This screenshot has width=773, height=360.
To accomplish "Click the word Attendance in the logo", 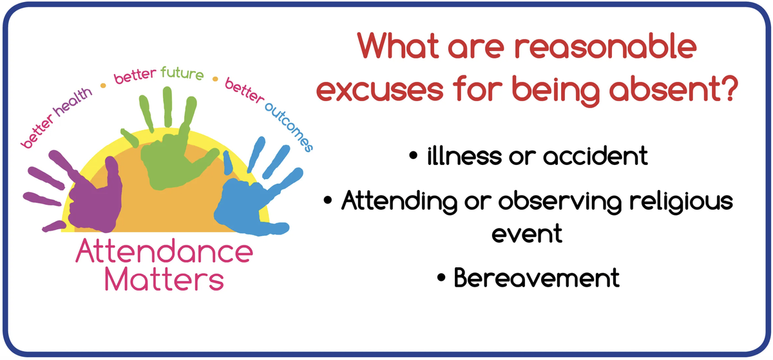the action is click(164, 252).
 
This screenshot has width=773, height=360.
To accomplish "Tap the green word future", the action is click(182, 73).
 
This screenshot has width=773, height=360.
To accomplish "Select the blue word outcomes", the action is click(289, 127).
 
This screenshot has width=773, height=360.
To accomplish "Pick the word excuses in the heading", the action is click(379, 89).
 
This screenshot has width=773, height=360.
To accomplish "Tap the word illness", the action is click(464, 156).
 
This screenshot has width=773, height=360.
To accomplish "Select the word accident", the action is click(595, 156).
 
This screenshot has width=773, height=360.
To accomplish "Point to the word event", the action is click(527, 234).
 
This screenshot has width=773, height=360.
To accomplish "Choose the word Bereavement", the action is click(537, 278).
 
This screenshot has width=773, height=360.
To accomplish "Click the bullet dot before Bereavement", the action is click(441, 278).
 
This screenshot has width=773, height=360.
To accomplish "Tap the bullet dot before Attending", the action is click(327, 200).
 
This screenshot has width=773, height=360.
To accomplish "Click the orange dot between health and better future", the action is click(103, 85).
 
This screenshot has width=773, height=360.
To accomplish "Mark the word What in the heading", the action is click(398, 46).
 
